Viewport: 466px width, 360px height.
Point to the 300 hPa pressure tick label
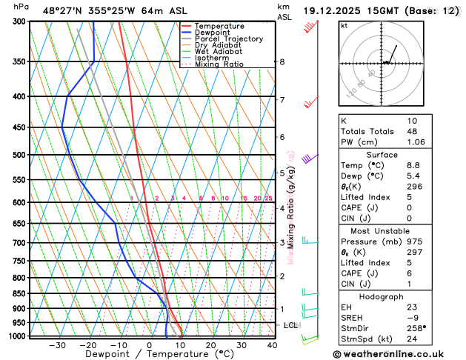pos(19,21)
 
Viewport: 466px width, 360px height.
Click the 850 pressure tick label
pos(19,293)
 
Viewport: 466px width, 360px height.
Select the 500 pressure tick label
pos(19,155)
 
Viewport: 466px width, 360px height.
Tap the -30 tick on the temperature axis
pos(57,345)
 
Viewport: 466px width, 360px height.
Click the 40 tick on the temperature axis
pos(272,345)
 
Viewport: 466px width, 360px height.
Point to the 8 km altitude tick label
pos(282,61)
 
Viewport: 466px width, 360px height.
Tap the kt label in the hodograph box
pos(344,26)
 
